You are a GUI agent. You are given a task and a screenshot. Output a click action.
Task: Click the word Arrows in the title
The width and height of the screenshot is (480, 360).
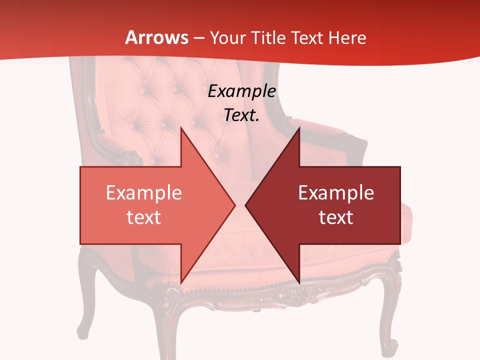(x=156, y=37)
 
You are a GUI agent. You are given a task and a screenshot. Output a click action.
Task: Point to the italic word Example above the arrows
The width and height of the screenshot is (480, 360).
(x=241, y=91)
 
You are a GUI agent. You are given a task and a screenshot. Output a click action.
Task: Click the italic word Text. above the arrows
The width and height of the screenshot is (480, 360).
(x=241, y=115)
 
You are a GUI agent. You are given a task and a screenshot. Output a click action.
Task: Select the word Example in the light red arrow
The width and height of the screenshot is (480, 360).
(x=143, y=192)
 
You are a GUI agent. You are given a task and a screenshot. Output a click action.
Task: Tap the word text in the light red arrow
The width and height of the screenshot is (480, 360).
(x=143, y=217)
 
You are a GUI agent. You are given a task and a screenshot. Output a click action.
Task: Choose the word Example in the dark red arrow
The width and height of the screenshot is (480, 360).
(x=336, y=192)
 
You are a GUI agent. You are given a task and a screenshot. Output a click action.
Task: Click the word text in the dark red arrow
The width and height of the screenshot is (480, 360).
(x=336, y=217)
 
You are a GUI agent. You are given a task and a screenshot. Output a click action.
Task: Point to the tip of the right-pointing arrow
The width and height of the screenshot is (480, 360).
(x=234, y=205)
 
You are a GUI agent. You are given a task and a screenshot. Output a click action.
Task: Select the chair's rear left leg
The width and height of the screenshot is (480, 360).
(x=85, y=300)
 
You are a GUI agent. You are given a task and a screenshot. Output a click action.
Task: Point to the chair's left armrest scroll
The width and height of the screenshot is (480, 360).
(x=131, y=157)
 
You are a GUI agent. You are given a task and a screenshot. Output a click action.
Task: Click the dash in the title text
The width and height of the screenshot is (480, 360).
(x=197, y=38)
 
